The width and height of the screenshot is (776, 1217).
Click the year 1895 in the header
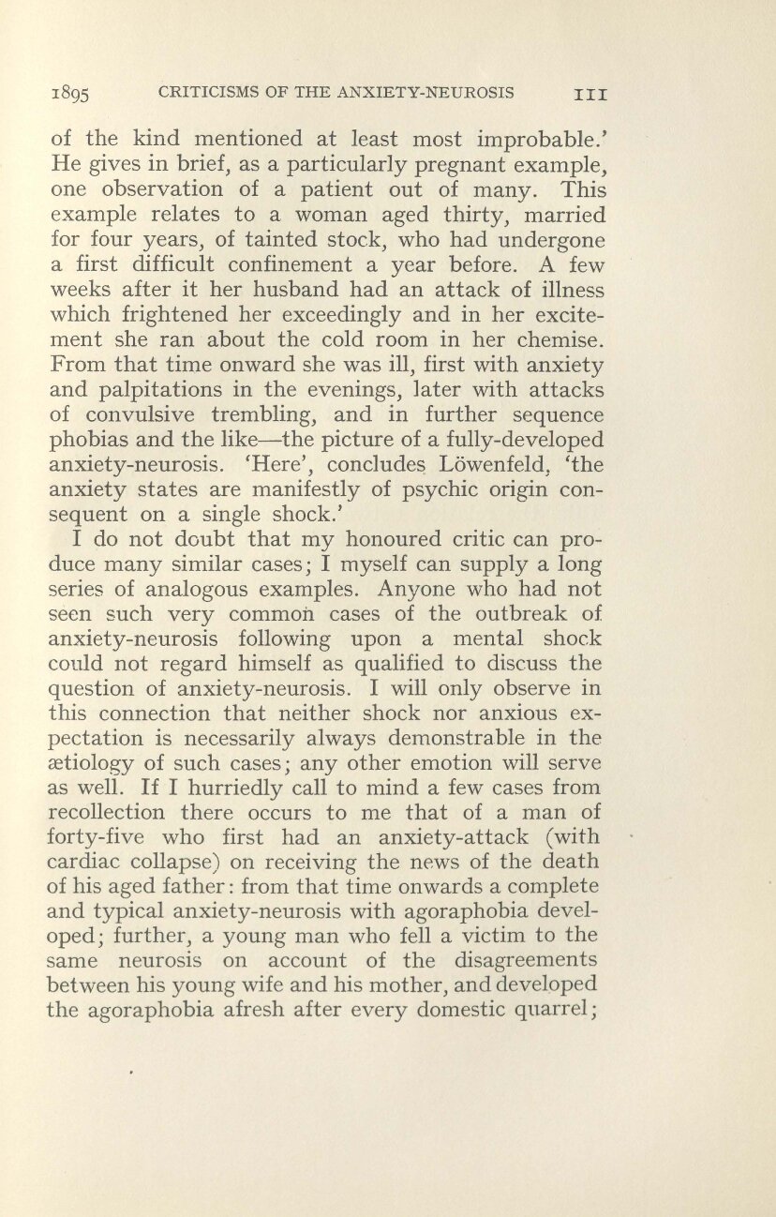coord(70,95)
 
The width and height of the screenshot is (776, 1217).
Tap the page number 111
coord(592,94)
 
